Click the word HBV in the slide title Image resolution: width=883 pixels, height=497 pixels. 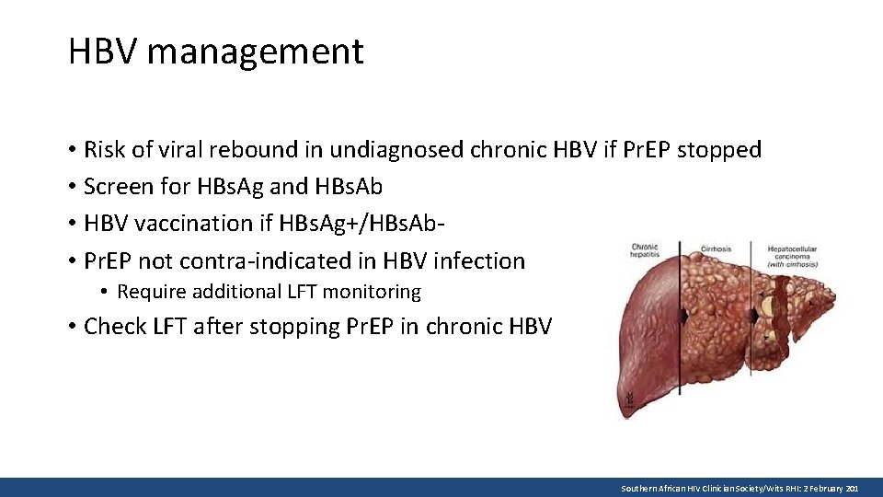[102, 52]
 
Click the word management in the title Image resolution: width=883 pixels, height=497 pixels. [255, 52]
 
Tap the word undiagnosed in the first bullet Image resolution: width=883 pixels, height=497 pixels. [397, 149]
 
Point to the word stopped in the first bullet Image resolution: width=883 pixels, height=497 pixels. [719, 149]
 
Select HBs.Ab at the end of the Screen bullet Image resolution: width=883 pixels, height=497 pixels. [350, 187]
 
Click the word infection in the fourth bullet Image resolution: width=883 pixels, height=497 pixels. [479, 261]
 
